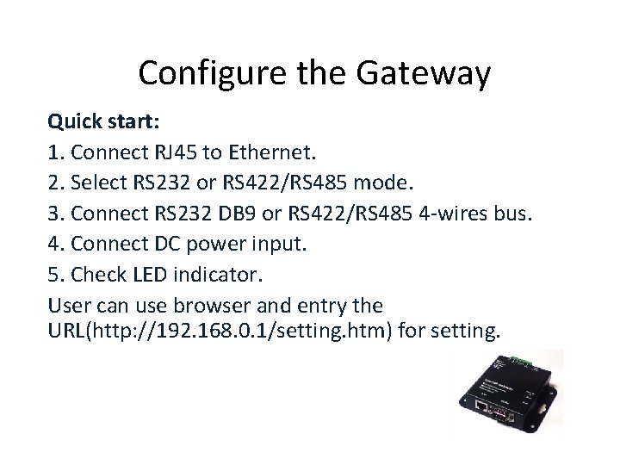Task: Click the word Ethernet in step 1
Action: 274,153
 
